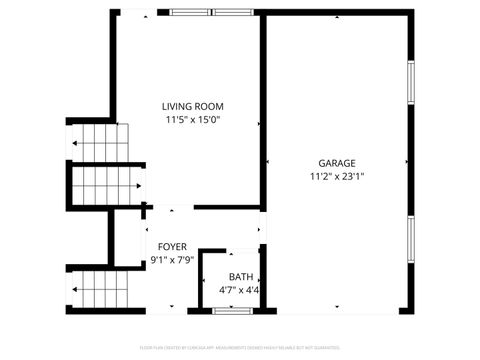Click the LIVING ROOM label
tap(193, 106)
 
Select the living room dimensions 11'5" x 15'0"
tap(193, 120)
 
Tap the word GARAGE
tap(337, 163)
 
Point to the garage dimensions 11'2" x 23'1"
tap(337, 177)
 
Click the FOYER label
tap(172, 246)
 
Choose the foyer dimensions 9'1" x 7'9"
tap(172, 260)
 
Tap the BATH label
tap(241, 277)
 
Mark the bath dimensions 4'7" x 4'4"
tap(241, 291)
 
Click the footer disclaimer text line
tap(240, 349)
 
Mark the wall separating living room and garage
tap(263, 110)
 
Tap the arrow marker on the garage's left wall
tap(269, 163)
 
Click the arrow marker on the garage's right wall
tap(405, 163)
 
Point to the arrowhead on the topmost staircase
tap(74, 144)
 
